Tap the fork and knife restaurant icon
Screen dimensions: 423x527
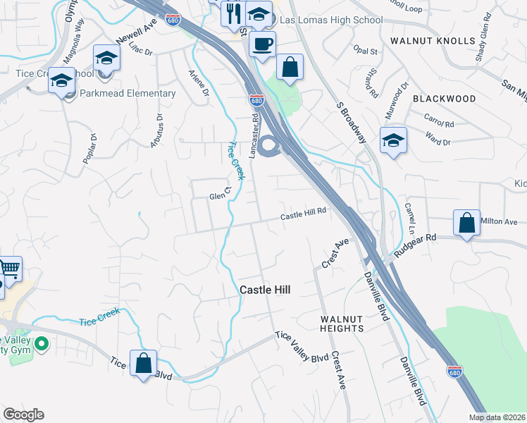point(231,12)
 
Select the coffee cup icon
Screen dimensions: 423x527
point(262,44)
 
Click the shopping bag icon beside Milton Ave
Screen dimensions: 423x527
point(466,223)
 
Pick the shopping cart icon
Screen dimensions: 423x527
point(8,269)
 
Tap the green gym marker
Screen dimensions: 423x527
point(42,345)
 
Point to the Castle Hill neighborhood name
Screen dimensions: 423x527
point(265,290)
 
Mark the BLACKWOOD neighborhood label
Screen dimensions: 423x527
point(444,99)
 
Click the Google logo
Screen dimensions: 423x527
point(23,415)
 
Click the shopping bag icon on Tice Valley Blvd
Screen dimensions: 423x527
point(144,364)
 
